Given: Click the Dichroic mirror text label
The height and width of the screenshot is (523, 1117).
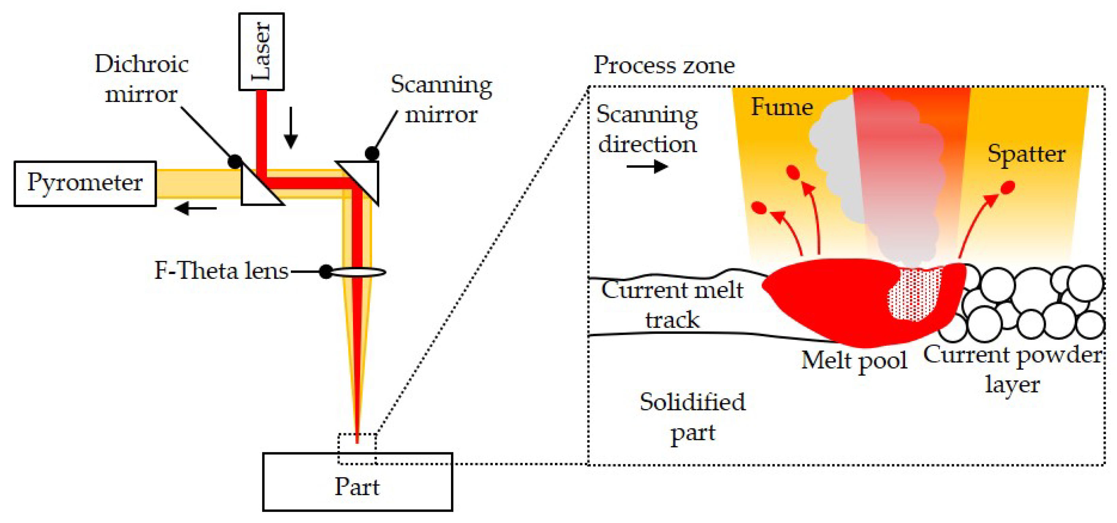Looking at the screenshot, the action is pos(142,79).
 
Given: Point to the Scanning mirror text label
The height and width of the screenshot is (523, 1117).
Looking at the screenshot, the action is pos(441,99).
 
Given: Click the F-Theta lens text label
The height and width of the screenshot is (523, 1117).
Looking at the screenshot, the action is pos(221,271).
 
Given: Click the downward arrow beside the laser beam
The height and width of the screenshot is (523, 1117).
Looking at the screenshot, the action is pos(291,128).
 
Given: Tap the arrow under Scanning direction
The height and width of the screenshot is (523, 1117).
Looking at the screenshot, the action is pos(647,167).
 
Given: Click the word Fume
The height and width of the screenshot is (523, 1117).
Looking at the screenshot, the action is pos(782,107).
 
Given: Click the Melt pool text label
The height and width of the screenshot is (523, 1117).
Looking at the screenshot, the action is pos(854,360).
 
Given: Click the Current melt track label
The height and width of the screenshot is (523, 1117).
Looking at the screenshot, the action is pos(672,304).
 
